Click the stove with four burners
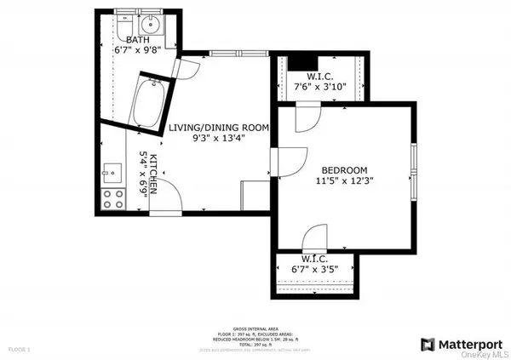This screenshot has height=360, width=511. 112,198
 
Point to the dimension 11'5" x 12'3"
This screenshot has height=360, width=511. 344,180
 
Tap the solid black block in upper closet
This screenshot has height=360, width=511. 302,63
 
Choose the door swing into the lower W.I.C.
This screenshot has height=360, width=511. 314,237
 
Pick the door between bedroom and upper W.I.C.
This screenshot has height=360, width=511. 306,118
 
